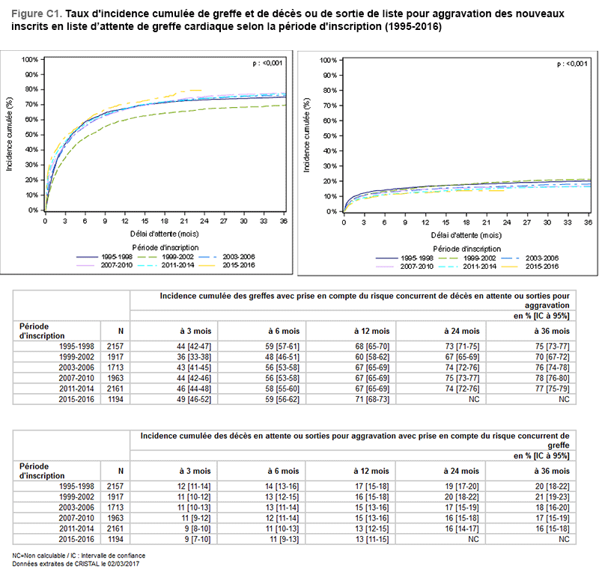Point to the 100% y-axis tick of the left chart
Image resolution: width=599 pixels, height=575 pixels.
point(31,59)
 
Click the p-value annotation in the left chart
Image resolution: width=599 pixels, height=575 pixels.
point(267,64)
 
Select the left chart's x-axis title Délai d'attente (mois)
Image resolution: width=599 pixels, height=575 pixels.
point(165,234)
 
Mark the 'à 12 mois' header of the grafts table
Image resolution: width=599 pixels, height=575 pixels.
point(373,330)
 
